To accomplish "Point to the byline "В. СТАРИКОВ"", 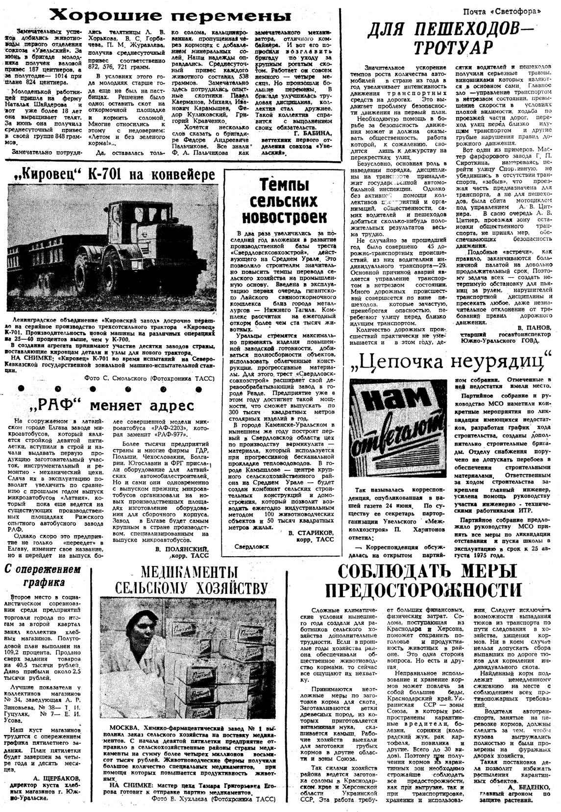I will [x=312, y=532].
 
